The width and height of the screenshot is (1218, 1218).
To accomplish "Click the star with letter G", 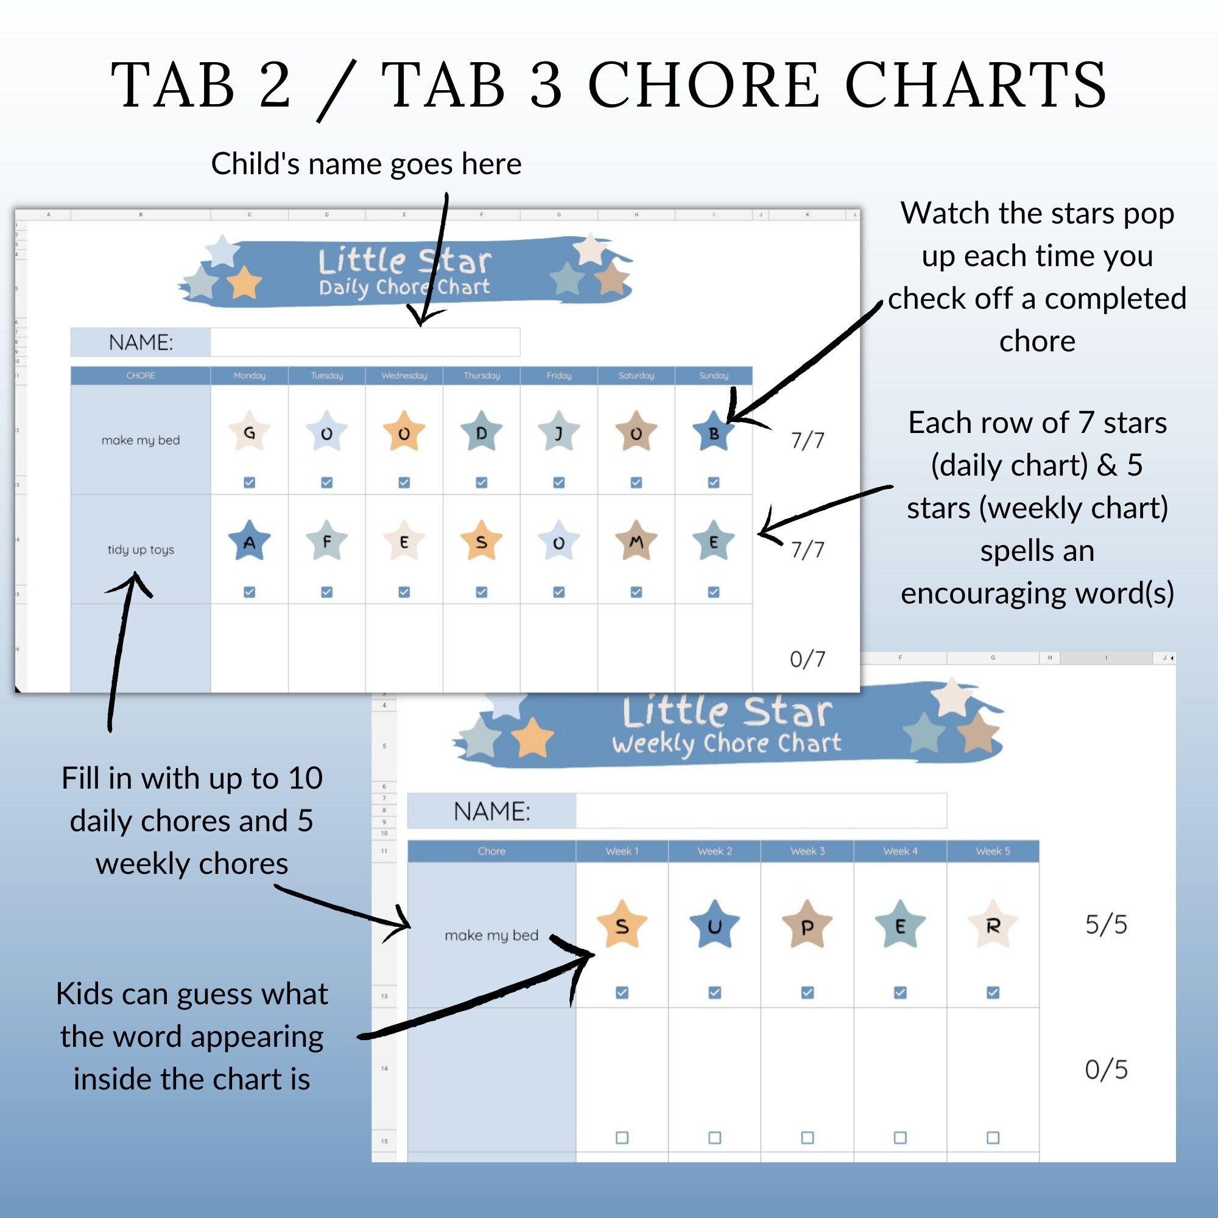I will [x=249, y=432].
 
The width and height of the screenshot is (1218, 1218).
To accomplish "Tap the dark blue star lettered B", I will [x=713, y=432].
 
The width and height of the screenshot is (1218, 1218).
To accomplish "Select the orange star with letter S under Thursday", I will [x=481, y=541].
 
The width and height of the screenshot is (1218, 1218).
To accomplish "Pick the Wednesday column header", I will [x=404, y=376].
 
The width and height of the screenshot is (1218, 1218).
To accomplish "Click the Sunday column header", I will [x=713, y=376].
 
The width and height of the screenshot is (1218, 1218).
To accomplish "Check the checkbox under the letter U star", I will [x=714, y=992].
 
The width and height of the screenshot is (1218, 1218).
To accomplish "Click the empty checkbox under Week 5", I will [x=992, y=1137].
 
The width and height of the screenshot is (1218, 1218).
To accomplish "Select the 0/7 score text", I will [x=807, y=660].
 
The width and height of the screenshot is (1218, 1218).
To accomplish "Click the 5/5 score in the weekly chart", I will [x=1106, y=925].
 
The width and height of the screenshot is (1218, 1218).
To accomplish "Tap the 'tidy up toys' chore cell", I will [x=141, y=550].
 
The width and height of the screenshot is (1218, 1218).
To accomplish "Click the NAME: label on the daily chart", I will [x=141, y=342].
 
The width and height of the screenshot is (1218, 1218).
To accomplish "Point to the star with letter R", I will [x=992, y=925].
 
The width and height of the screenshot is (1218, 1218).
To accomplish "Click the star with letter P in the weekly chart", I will [x=807, y=925].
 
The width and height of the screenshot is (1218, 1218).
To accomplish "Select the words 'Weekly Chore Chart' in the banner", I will [x=727, y=743].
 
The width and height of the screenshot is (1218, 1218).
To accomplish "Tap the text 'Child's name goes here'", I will [x=366, y=164].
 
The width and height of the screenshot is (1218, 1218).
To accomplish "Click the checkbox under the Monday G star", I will [x=249, y=482].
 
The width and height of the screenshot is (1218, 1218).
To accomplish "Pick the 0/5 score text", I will [x=1106, y=1070].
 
